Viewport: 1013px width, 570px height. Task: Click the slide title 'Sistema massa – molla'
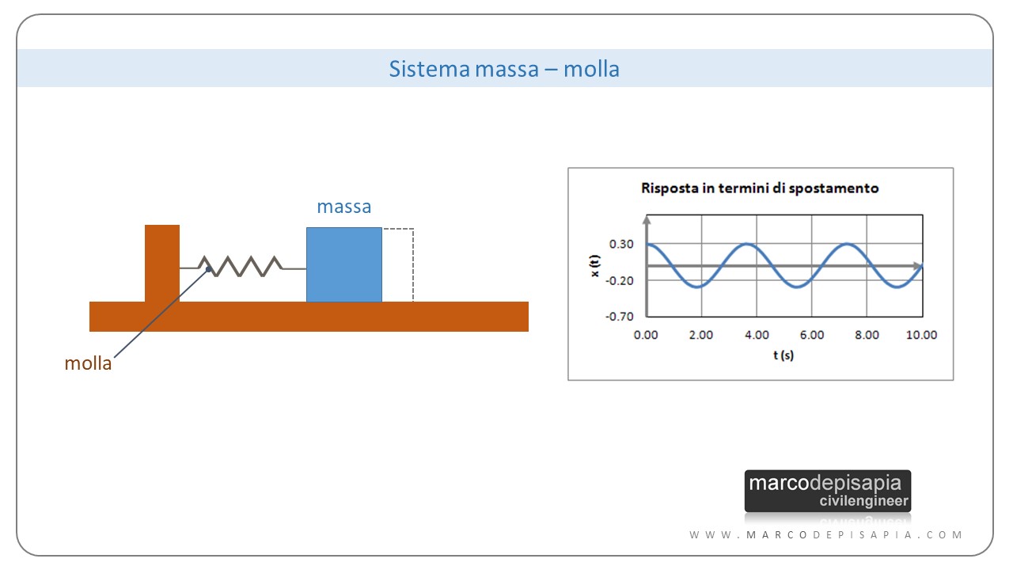click(x=504, y=69)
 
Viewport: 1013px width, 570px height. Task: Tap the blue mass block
click(x=344, y=264)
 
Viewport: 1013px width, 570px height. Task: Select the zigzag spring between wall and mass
click(x=241, y=265)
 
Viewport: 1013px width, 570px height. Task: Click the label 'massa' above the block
click(x=344, y=207)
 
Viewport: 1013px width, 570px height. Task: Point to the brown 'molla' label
click(x=88, y=364)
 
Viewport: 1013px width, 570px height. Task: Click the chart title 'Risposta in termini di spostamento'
click(x=760, y=188)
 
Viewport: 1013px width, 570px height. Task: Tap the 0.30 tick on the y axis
click(x=621, y=244)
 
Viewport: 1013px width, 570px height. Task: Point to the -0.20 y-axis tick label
click(x=620, y=280)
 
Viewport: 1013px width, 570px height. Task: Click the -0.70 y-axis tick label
click(x=620, y=316)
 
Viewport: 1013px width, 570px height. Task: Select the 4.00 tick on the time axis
click(x=757, y=335)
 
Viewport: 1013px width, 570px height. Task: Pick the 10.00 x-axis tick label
click(x=922, y=335)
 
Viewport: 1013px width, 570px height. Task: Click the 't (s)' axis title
click(x=783, y=355)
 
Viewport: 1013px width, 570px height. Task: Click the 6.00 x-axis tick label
click(x=812, y=335)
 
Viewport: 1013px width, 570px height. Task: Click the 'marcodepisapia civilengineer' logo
click(x=828, y=491)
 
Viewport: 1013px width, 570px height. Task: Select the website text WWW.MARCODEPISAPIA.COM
click(x=826, y=535)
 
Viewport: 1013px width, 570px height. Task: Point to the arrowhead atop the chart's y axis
click(x=647, y=218)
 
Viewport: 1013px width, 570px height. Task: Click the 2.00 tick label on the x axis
click(x=701, y=335)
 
